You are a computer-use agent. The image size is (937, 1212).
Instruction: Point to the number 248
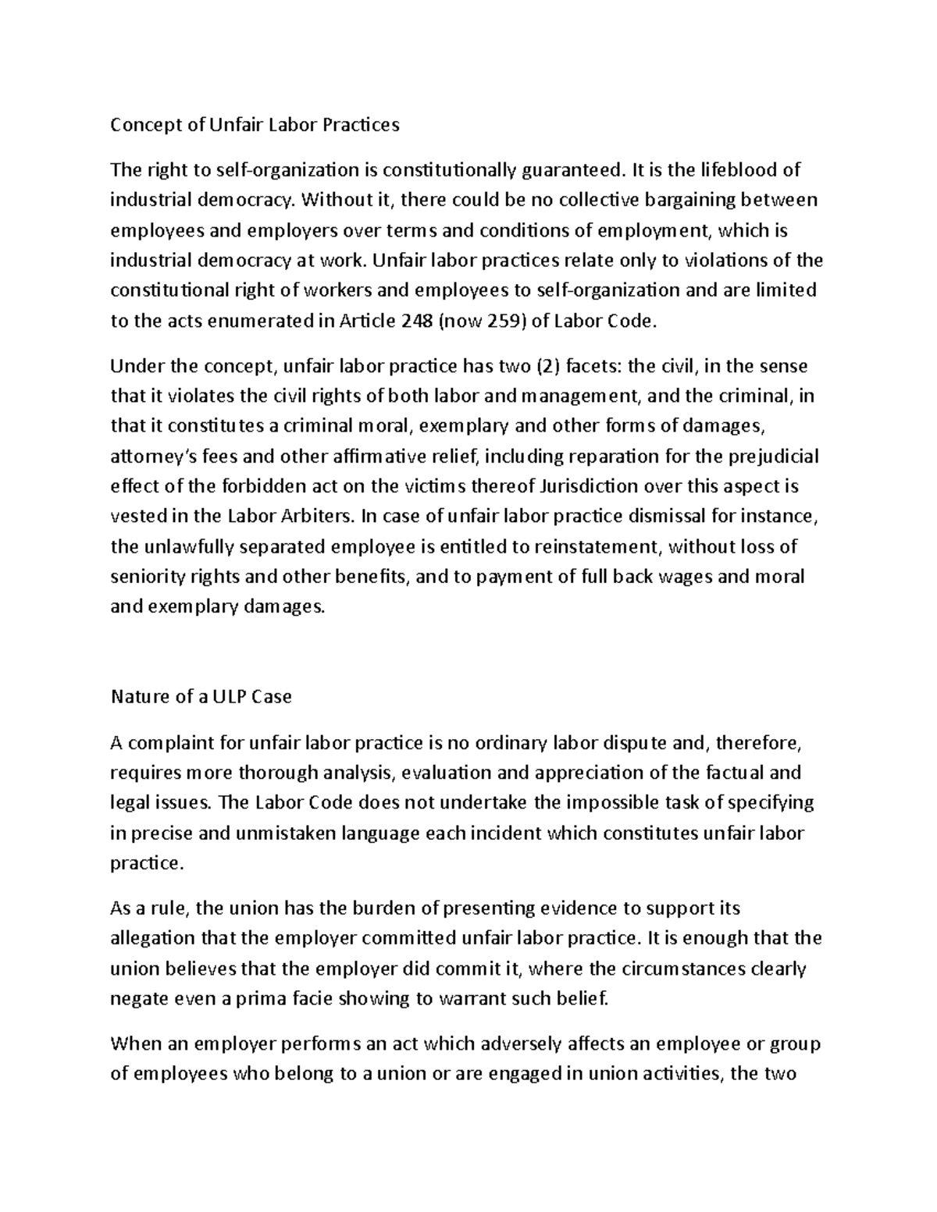(x=415, y=321)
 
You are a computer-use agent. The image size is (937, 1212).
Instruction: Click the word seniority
(x=149, y=577)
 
